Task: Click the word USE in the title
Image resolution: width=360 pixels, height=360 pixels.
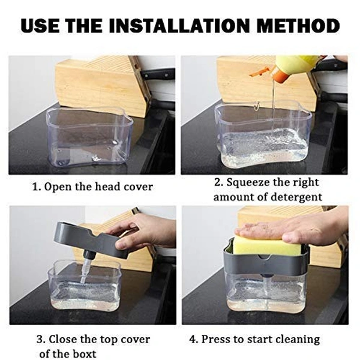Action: click(41, 26)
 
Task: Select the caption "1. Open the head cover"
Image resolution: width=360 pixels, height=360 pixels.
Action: click(92, 187)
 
